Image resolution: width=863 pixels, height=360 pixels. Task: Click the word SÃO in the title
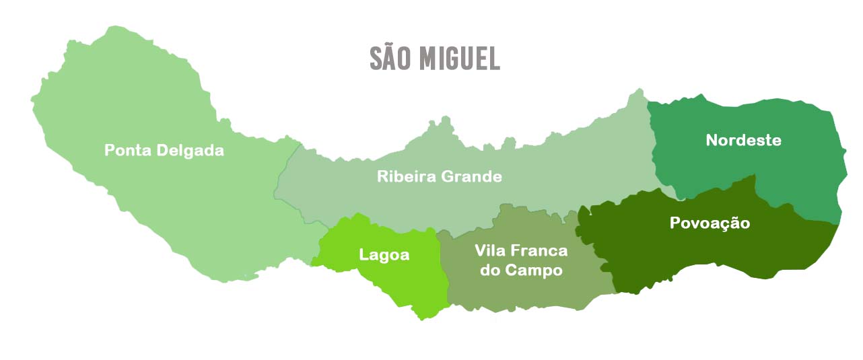click(x=392, y=59)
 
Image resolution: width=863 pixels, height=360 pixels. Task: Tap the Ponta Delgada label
click(x=164, y=150)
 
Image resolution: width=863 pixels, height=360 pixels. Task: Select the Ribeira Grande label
click(x=439, y=177)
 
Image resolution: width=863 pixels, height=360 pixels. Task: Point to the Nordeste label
click(x=743, y=140)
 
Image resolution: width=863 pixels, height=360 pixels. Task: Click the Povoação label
click(x=710, y=223)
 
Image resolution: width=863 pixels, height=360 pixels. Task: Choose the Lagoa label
click(x=384, y=255)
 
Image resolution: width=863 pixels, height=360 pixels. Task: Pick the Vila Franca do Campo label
click(x=520, y=260)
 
